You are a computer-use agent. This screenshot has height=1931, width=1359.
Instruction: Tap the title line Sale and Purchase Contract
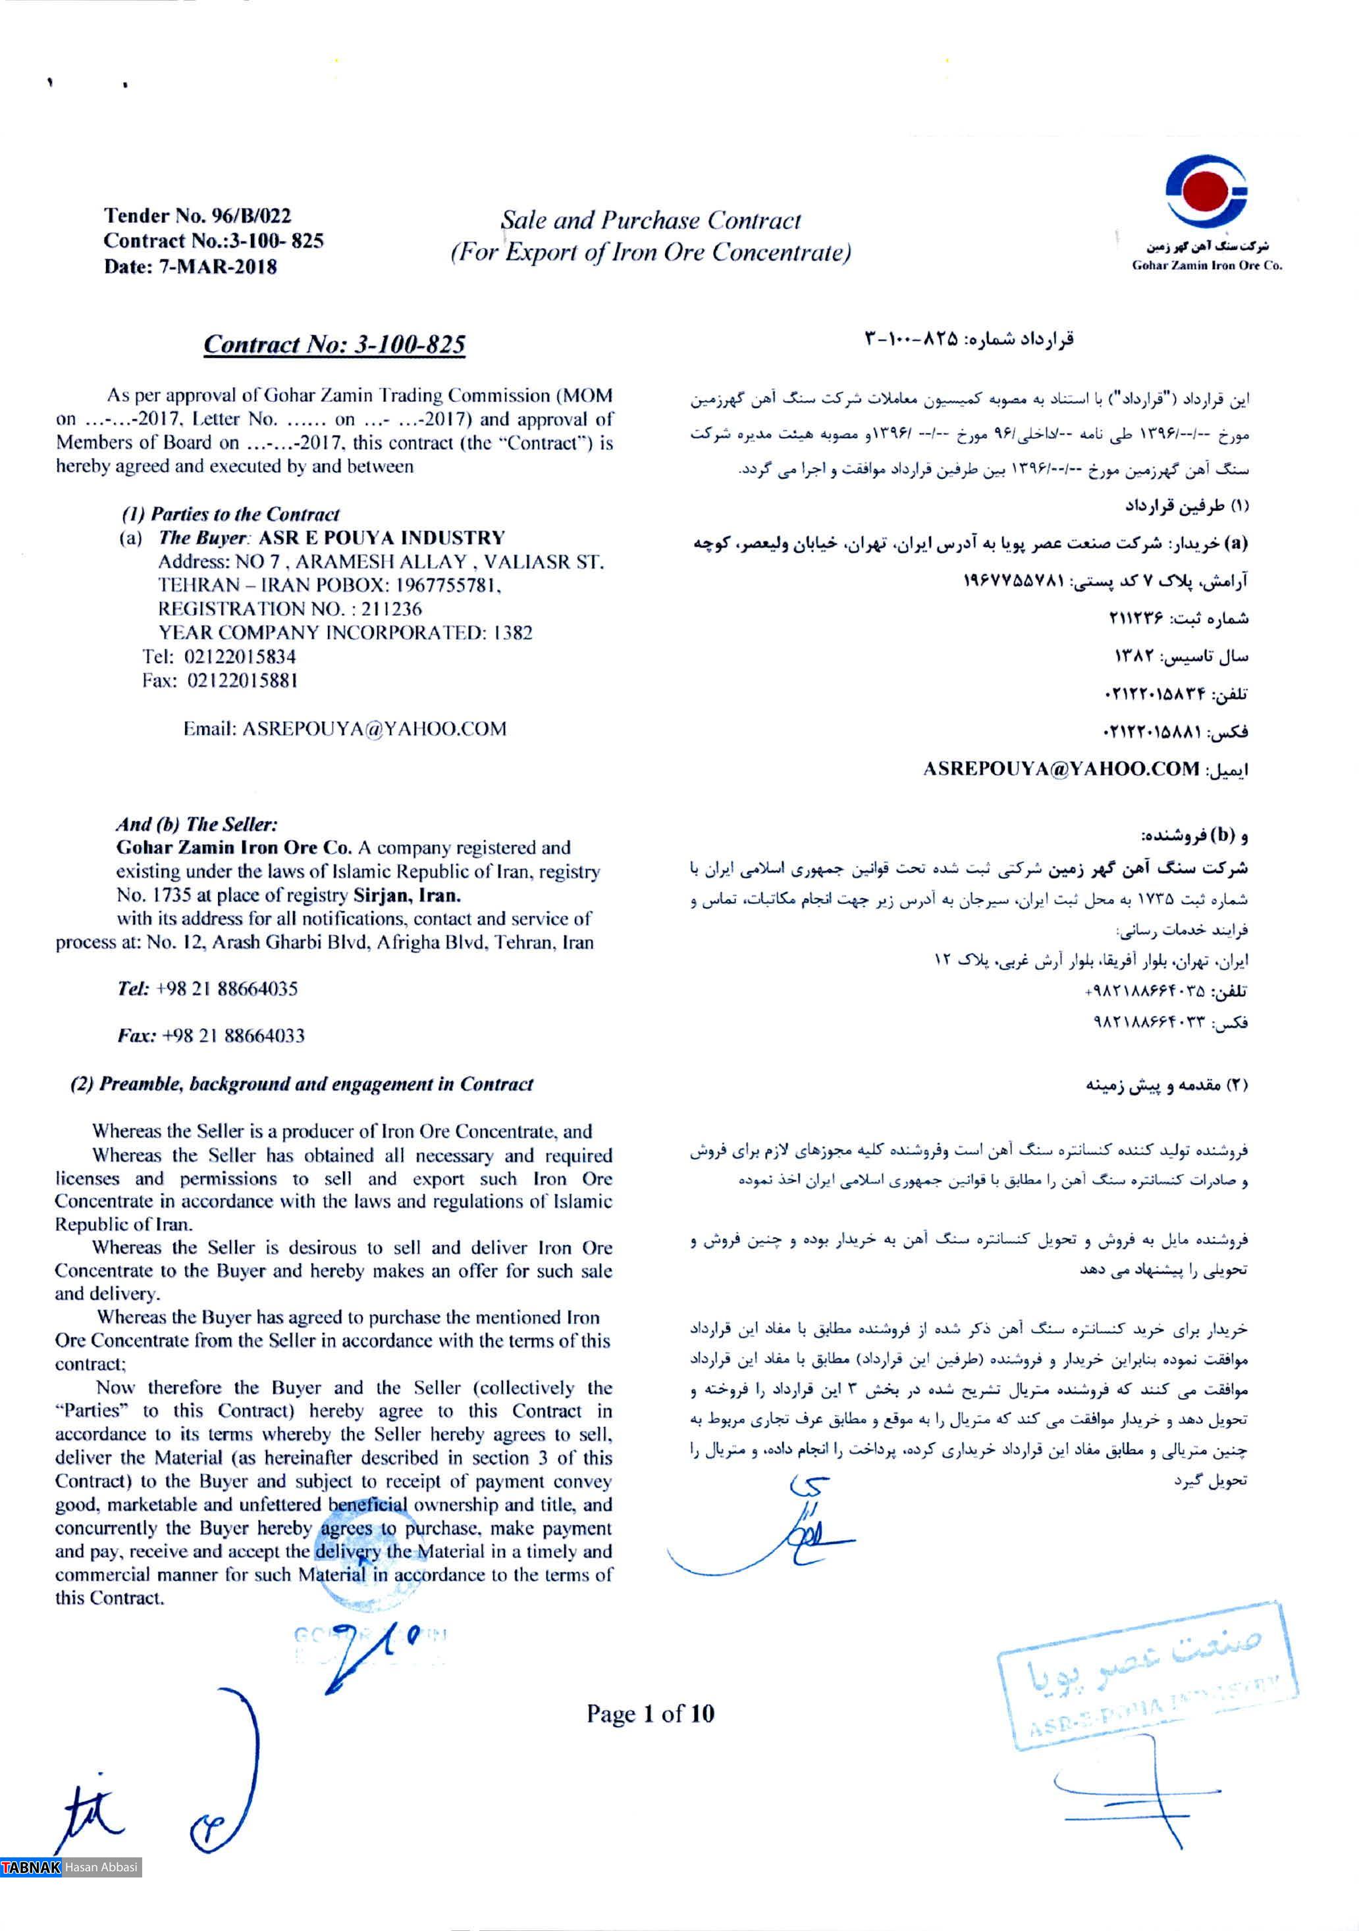651,220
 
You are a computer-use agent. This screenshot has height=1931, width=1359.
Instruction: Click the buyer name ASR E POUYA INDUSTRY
381,538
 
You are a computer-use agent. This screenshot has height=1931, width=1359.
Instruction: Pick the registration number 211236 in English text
391,609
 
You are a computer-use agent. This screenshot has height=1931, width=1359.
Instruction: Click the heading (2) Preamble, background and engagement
302,1084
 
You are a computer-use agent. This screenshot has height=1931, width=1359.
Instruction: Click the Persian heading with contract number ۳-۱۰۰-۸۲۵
969,339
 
